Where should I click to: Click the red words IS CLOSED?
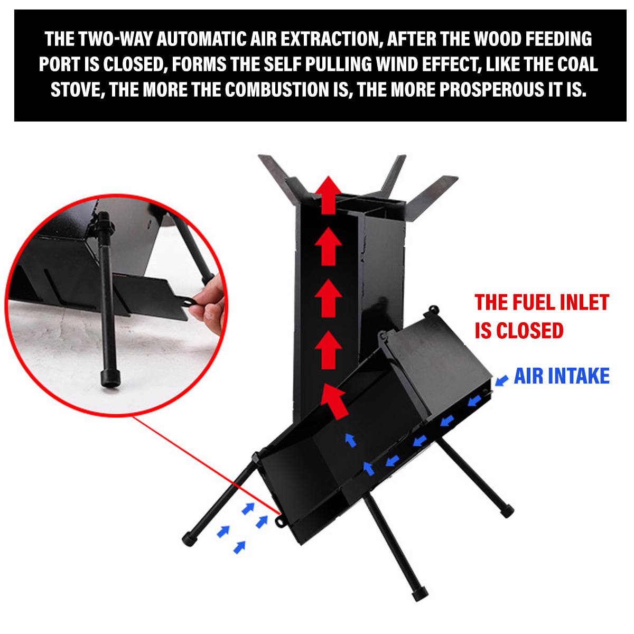point(519,330)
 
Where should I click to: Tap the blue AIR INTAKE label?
point(562,376)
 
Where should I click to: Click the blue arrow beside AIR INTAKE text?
point(501,381)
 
